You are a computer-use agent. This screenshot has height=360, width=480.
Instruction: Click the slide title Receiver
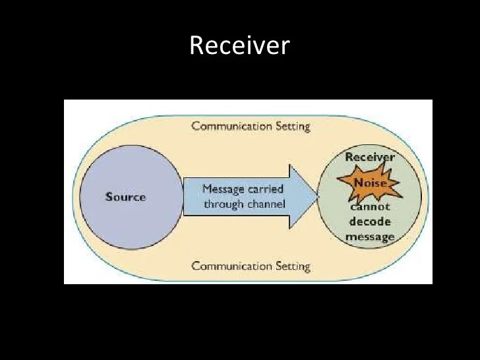239,45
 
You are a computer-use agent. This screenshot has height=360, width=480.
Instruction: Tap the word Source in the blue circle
125,197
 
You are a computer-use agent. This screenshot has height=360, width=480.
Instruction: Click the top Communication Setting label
251,126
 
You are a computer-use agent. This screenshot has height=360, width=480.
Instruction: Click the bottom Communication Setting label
251,266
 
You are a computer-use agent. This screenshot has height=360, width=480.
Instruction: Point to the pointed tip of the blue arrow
318,196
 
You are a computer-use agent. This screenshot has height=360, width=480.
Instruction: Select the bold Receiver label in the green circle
370,158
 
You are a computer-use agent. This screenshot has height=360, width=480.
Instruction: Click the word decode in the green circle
370,222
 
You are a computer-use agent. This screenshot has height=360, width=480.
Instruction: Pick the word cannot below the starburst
370,208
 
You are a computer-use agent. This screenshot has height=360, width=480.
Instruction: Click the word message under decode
370,237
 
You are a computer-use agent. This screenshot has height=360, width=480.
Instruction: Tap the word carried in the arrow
266,189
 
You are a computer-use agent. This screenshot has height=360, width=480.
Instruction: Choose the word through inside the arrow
222,204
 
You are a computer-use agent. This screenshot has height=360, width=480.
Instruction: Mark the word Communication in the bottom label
230,266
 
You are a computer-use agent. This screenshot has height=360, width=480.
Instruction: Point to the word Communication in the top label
230,126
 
